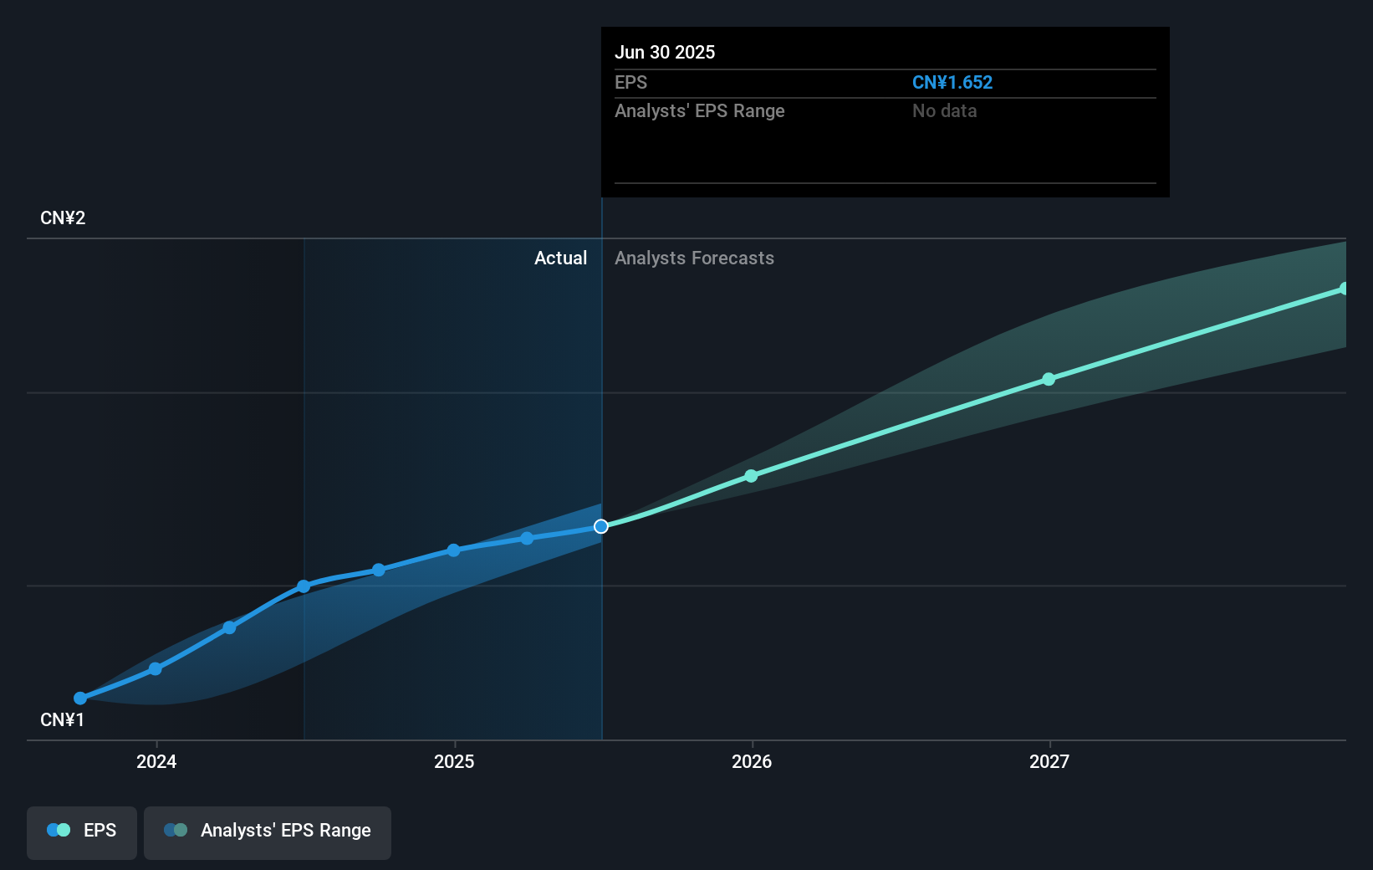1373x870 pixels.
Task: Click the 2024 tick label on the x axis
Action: [x=156, y=761]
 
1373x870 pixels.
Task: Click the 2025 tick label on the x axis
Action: [x=454, y=761]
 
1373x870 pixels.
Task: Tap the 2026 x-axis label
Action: [x=752, y=761]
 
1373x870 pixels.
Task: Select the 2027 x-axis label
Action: [x=1049, y=761]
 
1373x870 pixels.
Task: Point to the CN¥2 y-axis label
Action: [x=63, y=218]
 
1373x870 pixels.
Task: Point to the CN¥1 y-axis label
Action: [x=63, y=720]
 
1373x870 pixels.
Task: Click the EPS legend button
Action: [x=82, y=831]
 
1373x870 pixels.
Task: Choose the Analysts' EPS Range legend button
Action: [x=268, y=831]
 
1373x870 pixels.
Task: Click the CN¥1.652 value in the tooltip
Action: [x=952, y=83]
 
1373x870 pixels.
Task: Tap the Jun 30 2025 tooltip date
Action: [x=665, y=53]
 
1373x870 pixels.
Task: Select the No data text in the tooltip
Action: [x=944, y=111]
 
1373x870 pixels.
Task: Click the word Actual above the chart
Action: [x=560, y=258]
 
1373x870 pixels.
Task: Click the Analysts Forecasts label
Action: [x=694, y=258]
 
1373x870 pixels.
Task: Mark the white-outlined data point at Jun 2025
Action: [x=601, y=526]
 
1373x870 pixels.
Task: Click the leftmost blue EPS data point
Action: [x=80, y=698]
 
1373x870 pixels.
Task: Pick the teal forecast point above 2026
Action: [x=751, y=476]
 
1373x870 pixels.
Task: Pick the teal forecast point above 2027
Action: [x=1049, y=379]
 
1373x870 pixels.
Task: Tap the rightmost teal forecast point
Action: [x=1344, y=289]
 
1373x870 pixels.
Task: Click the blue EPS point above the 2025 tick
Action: [x=453, y=550]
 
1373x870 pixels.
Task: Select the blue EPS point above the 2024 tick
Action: [x=156, y=668]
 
